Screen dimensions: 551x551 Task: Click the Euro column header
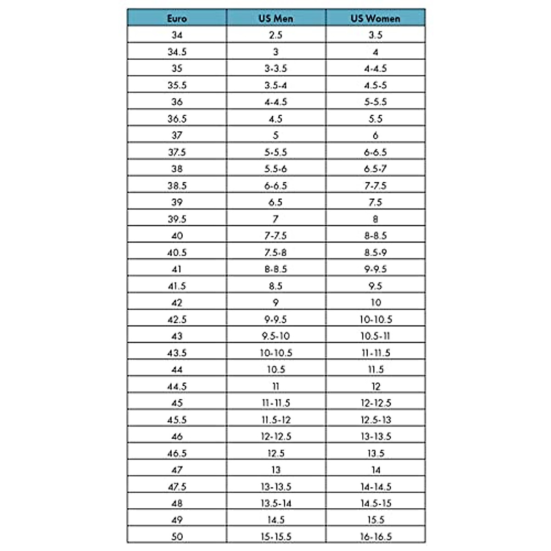coord(177,18)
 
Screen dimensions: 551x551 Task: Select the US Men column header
coord(275,18)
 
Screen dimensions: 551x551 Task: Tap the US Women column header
coord(375,18)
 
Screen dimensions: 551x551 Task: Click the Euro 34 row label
coord(177,35)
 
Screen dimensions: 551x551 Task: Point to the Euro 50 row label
coord(177,536)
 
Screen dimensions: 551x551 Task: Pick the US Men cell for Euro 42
coord(275,303)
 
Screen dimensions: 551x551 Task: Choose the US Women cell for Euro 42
coord(375,303)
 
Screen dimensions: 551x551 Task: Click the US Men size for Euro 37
coord(275,135)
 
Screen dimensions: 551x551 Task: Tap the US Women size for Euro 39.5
coord(375,219)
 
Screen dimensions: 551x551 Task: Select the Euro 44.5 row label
coord(177,386)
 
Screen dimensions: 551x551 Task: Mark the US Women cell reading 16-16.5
coord(375,536)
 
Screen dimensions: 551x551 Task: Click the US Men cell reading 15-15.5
coord(275,536)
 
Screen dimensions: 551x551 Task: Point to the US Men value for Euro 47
coord(275,470)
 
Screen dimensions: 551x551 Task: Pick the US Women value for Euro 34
coord(375,35)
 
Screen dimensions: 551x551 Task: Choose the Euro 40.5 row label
coord(177,253)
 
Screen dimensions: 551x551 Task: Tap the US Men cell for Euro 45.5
coord(275,420)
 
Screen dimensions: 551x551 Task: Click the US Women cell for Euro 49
coord(375,520)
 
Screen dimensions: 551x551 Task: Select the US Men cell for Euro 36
coord(275,102)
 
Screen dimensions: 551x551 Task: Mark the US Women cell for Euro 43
coord(375,336)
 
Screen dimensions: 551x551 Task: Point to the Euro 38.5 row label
coord(177,186)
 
